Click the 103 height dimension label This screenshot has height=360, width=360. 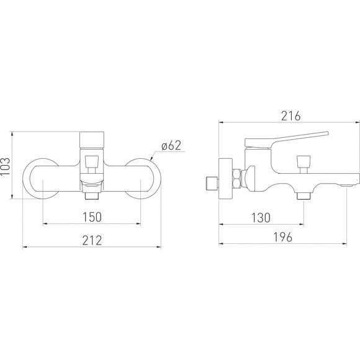[x=6, y=166]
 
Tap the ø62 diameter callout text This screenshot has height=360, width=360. [x=171, y=145]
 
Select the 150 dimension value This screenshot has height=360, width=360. [x=92, y=217]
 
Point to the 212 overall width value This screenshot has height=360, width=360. [x=92, y=241]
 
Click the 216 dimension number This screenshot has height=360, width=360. [x=290, y=116]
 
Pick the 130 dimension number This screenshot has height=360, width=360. [x=261, y=218]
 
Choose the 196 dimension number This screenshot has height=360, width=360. [x=283, y=237]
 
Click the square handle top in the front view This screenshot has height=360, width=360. [x=92, y=140]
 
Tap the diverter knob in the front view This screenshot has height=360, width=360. [x=92, y=163]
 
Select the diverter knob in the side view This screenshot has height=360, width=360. [x=304, y=163]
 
